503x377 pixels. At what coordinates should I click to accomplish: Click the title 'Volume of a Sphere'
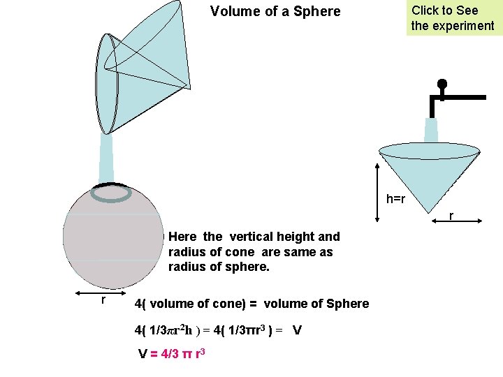coord(275,11)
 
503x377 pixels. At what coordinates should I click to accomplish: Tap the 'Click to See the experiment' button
coord(452,18)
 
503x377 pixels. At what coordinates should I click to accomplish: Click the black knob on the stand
coord(442,84)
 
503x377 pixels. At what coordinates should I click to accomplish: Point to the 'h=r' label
coord(395,199)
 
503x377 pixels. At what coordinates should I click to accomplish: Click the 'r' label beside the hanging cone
coord(451,216)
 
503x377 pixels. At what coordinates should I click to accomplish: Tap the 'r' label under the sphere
coord(103,300)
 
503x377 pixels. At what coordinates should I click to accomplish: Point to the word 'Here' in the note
coord(182,237)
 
